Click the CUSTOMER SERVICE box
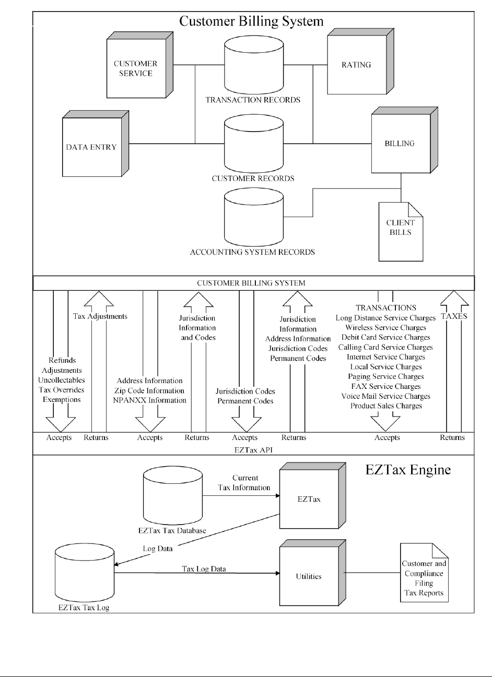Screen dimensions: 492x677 (139, 65)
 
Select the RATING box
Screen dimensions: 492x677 (360, 62)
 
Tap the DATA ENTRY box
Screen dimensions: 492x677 (96, 144)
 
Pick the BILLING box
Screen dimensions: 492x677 (405, 140)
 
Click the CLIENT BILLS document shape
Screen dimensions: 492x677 (401, 232)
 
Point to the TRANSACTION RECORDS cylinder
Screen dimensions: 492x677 (254, 65)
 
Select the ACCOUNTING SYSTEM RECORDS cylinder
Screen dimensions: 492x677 (254, 217)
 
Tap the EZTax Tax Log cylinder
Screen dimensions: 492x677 (85, 573)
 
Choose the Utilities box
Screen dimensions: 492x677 (312, 573)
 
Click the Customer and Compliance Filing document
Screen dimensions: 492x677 (424, 573)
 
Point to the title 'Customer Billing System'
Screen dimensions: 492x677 (251, 21)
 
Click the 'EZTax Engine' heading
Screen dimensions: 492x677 (408, 470)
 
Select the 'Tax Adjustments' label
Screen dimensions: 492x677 (100, 316)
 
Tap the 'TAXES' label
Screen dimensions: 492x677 (454, 316)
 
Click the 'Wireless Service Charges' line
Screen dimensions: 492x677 (385, 328)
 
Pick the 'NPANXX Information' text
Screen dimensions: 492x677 (150, 400)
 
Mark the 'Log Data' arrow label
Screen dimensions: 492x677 (158, 549)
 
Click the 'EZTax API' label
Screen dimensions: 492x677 (253, 450)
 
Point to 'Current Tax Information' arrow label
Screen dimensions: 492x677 (244, 483)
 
